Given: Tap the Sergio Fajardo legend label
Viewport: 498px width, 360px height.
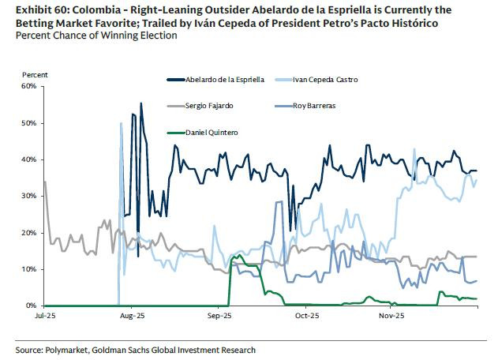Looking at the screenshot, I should coord(209,105).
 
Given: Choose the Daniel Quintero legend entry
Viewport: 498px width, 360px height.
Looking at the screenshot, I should coord(211,132).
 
